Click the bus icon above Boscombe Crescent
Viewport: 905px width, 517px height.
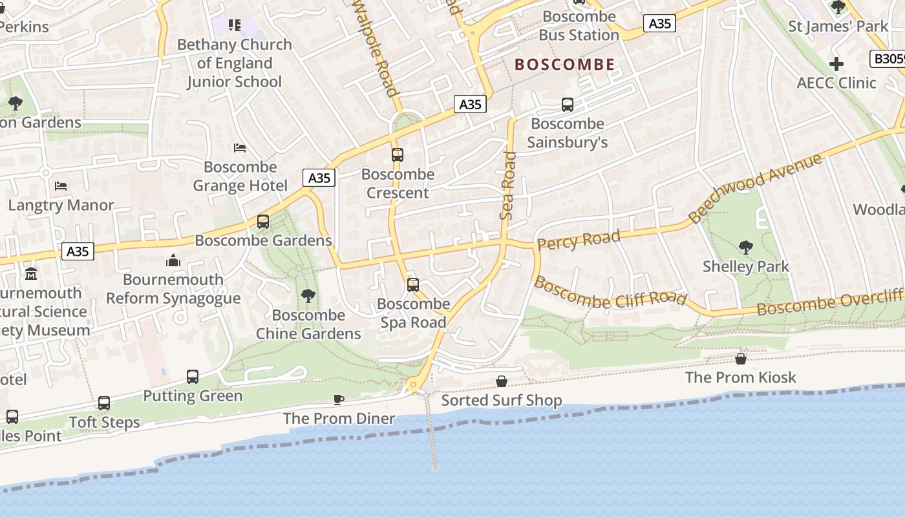[398, 155]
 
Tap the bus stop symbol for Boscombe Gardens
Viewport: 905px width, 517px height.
[263, 222]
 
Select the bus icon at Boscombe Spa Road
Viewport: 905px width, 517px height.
[413, 285]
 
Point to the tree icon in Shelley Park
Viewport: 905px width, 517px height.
[745, 247]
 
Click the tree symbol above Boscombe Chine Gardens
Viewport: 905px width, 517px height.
[308, 296]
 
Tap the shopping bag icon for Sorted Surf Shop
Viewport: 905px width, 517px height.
[501, 381]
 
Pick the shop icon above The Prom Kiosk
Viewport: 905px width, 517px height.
[741, 358]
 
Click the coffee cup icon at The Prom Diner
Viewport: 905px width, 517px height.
[339, 399]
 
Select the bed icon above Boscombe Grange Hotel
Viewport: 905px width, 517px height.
[240, 148]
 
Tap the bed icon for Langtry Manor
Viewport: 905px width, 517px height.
[61, 186]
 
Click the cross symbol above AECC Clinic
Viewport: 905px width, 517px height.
[836, 64]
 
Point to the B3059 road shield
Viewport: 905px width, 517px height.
[888, 59]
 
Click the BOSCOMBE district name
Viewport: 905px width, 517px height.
[564, 64]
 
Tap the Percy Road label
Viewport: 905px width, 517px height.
[579, 240]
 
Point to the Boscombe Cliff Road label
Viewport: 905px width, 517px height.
[610, 292]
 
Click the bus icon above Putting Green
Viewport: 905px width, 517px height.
[193, 376]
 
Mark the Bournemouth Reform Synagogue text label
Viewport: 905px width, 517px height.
[173, 289]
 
